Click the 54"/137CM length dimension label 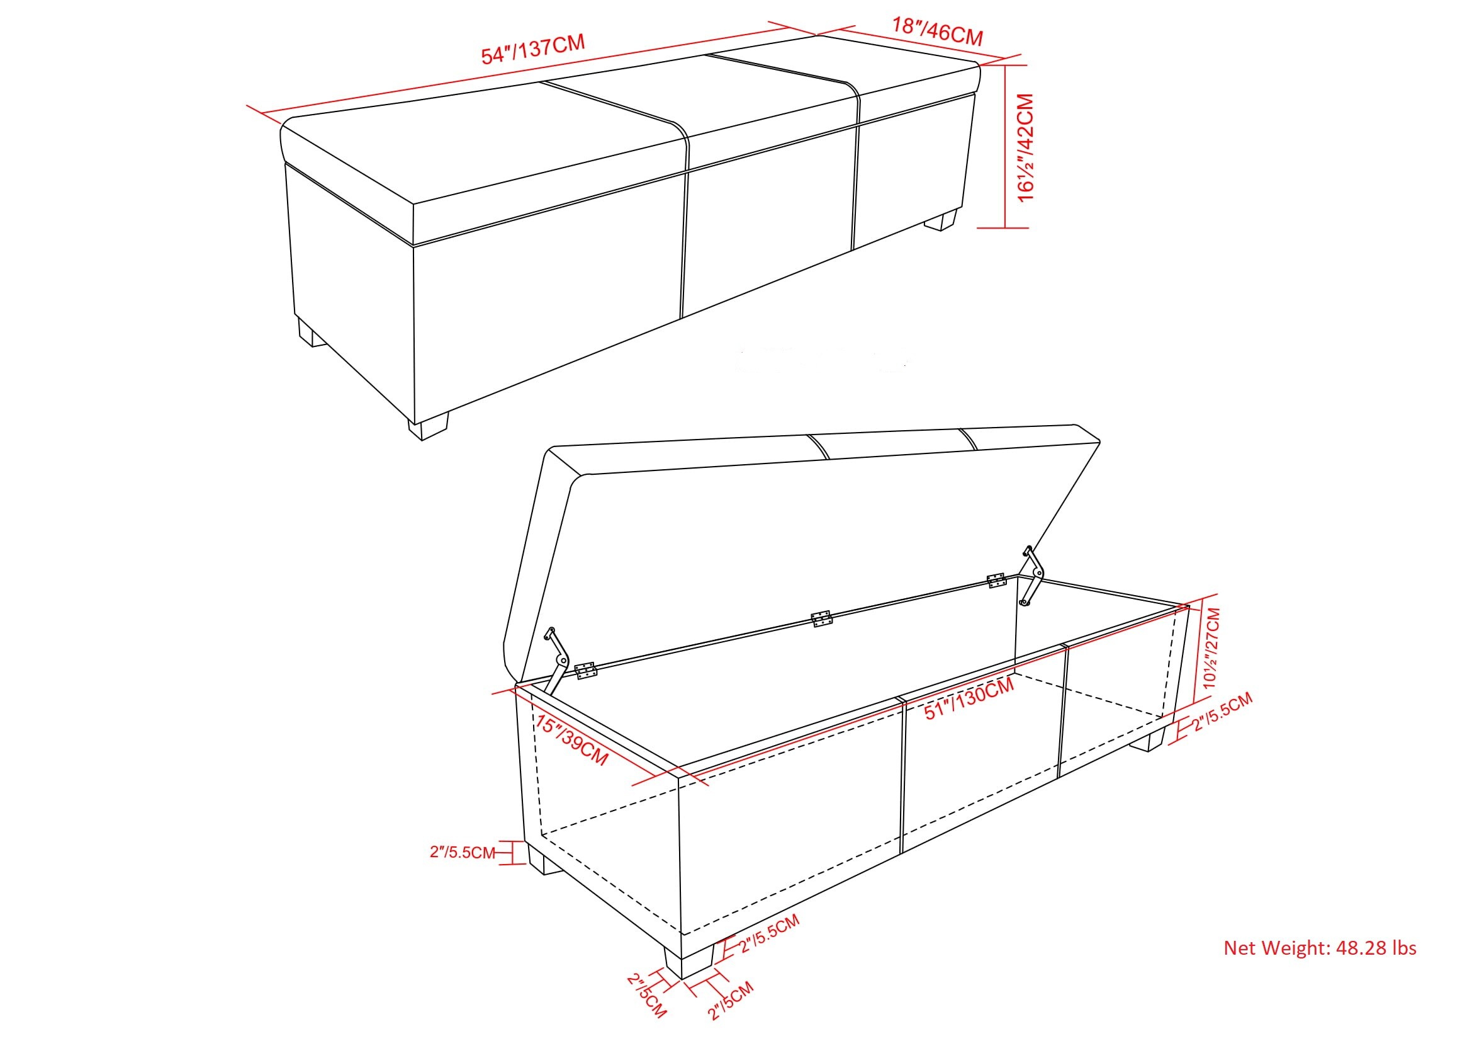pyautogui.click(x=533, y=50)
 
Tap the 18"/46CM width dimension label pyautogui.click(x=937, y=31)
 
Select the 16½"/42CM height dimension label pyautogui.click(x=1026, y=147)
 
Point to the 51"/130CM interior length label pyautogui.click(x=969, y=699)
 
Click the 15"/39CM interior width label pyautogui.click(x=571, y=741)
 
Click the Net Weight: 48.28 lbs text pyautogui.click(x=1320, y=948)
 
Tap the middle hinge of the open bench pyautogui.click(x=821, y=619)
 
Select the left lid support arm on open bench pyautogui.click(x=556, y=660)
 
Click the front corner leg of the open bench pyautogui.click(x=688, y=960)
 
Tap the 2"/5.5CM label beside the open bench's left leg pyautogui.click(x=463, y=853)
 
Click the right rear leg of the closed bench pyautogui.click(x=940, y=220)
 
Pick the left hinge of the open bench pyautogui.click(x=585, y=671)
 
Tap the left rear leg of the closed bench pyautogui.click(x=312, y=334)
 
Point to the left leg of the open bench pyautogui.click(x=544, y=861)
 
